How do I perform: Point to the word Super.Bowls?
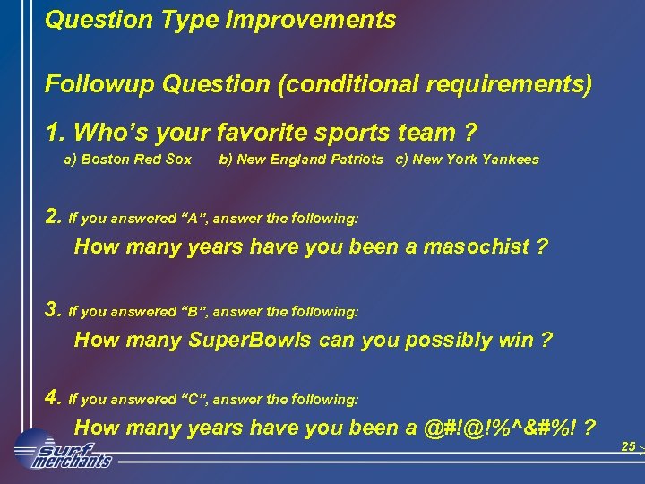[x=250, y=341]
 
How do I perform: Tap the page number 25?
[x=628, y=446]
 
